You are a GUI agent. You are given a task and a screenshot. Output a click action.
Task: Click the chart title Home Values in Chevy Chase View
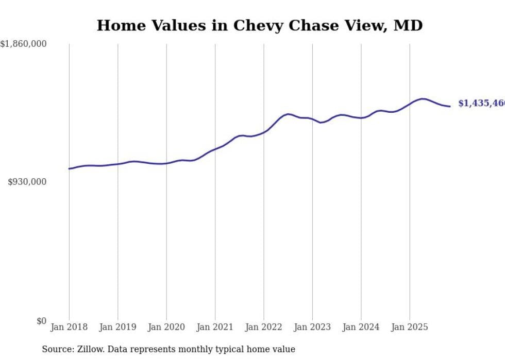pyautogui.click(x=259, y=25)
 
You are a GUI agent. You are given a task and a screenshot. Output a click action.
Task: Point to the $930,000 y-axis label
pyautogui.click(x=27, y=182)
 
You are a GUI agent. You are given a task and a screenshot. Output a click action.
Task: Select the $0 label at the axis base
pyautogui.click(x=41, y=321)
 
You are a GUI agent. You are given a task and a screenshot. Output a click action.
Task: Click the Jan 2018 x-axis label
pyautogui.click(x=69, y=327)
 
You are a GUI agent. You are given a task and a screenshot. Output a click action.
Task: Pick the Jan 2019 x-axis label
pyautogui.click(x=117, y=327)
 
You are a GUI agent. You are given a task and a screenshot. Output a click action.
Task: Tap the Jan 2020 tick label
pyautogui.click(x=166, y=327)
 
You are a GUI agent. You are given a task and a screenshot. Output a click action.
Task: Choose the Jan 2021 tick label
pyautogui.click(x=215, y=327)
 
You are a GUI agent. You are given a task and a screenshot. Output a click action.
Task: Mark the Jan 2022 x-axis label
pyautogui.click(x=264, y=327)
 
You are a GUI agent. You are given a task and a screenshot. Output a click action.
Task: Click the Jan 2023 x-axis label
pyautogui.click(x=312, y=327)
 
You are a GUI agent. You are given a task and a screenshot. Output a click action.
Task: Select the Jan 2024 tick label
pyautogui.click(x=361, y=327)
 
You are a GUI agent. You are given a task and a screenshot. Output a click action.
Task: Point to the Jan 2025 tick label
pyautogui.click(x=410, y=327)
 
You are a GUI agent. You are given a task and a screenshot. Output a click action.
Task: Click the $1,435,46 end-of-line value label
pyautogui.click(x=481, y=104)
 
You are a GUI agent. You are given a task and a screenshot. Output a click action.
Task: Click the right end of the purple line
pyautogui.click(x=450, y=106)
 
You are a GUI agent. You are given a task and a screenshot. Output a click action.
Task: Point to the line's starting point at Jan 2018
pyautogui.click(x=69, y=168)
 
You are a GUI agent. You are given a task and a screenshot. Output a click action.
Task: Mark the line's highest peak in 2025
pyautogui.click(x=423, y=99)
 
